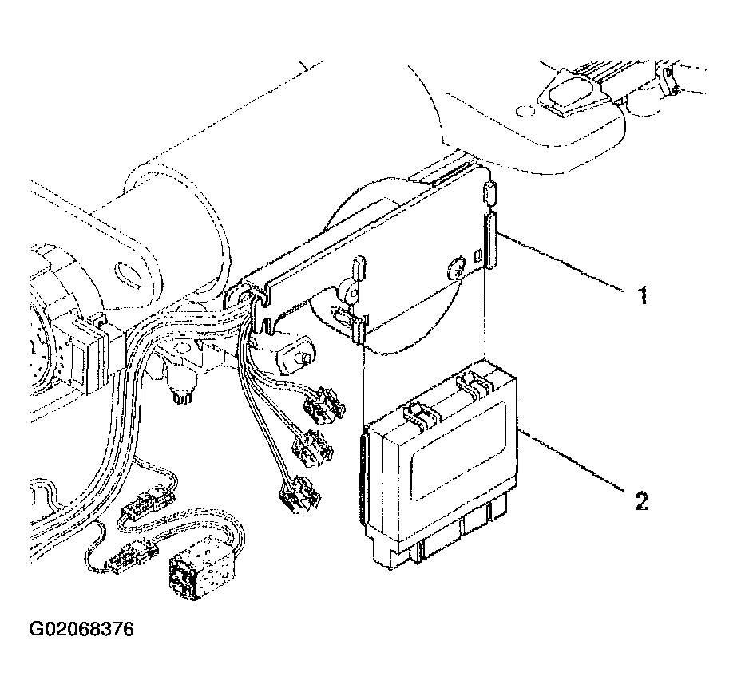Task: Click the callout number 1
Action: (640, 297)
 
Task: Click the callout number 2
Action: (640, 500)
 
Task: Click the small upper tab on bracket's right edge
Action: (489, 192)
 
